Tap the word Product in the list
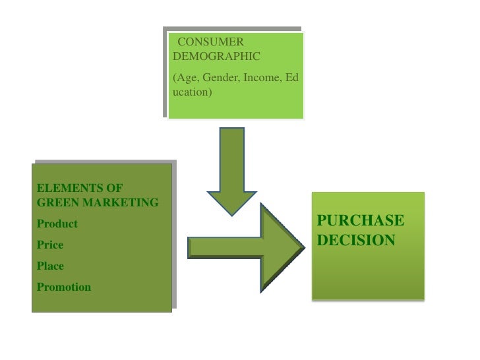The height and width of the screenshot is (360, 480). (x=57, y=224)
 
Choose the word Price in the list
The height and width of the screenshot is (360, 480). (x=51, y=245)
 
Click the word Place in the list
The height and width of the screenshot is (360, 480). (x=51, y=266)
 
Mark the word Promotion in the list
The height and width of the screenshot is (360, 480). (x=65, y=287)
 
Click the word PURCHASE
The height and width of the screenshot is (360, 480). (x=361, y=220)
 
